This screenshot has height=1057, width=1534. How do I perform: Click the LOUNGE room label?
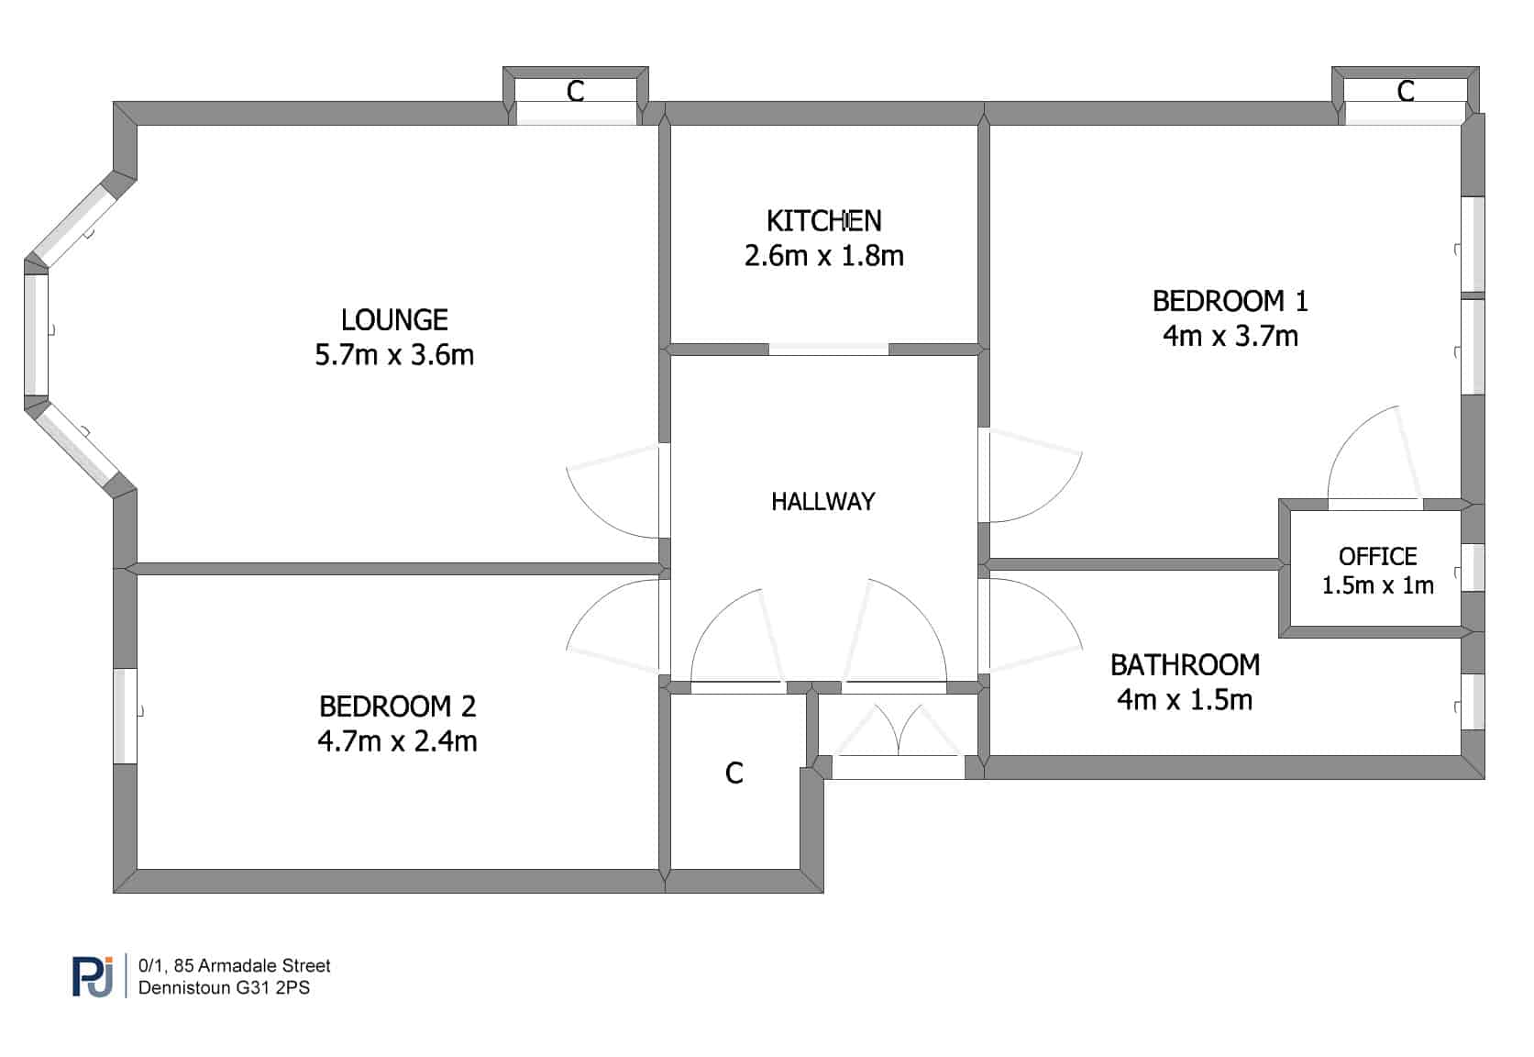pos(394,320)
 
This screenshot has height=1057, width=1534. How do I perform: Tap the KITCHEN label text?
pos(823,221)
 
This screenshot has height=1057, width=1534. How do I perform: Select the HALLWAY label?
pos(823,502)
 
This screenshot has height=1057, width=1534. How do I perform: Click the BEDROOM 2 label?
pos(397,706)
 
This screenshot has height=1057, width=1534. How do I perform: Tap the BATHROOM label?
pos(1185,665)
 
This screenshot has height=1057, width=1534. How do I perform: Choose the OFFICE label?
pos(1378,556)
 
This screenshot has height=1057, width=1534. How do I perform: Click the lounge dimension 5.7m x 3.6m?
pos(394,355)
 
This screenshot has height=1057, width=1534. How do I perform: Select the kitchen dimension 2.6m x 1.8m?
pos(823,256)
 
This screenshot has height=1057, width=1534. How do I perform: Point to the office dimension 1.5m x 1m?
pos(1378,585)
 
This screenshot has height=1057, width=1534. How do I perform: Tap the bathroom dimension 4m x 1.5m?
pos(1185,700)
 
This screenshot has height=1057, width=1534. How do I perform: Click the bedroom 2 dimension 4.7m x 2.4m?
pos(397,741)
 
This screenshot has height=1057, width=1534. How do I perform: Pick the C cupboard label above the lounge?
pos(575,91)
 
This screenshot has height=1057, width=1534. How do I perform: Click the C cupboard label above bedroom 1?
pos(1406,91)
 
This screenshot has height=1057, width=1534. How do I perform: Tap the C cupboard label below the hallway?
pos(734,773)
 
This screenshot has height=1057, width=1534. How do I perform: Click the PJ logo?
pos(94,976)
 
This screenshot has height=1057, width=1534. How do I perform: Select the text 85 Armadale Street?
pos(252,966)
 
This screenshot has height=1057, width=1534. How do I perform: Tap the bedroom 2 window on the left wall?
pos(126,716)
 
